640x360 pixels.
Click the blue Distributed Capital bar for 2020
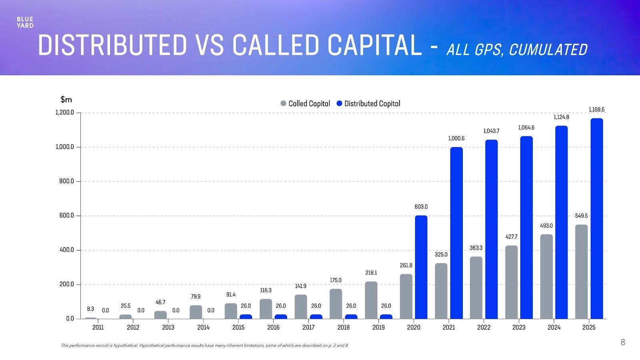click(x=421, y=267)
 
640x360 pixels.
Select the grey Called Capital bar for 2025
click(x=581, y=272)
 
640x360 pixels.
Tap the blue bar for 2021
click(x=456, y=233)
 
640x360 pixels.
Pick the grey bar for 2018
click(x=336, y=304)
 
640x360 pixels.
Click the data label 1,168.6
click(x=596, y=110)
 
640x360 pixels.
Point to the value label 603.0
click(x=421, y=207)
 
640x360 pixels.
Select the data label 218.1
click(x=371, y=273)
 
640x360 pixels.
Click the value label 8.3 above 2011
click(x=90, y=309)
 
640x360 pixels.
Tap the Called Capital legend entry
click(x=306, y=104)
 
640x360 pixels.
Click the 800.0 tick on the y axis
click(x=65, y=181)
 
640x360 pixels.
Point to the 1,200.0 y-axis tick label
click(x=65, y=113)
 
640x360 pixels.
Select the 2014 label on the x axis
click(x=203, y=328)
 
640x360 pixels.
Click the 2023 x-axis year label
click(x=519, y=328)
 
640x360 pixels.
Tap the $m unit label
click(x=66, y=99)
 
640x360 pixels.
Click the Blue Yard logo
click(x=25, y=22)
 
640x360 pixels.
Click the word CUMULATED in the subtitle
click(x=548, y=50)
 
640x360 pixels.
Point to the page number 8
click(x=622, y=342)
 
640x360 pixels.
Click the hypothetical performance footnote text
click(x=204, y=345)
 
